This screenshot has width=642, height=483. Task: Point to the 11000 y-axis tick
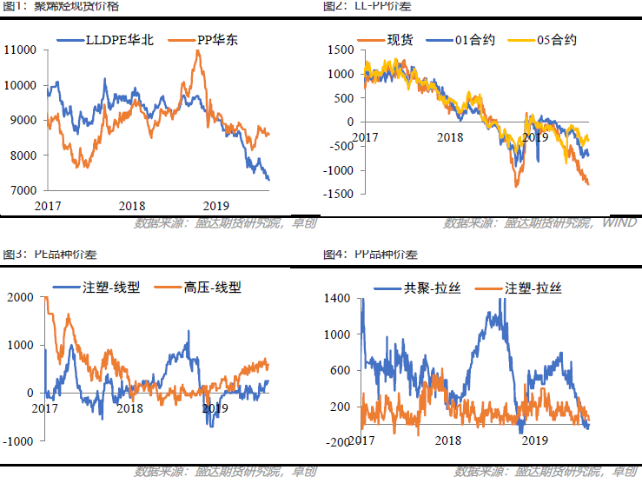[x=20, y=50]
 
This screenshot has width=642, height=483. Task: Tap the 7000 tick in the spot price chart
[x=23, y=190]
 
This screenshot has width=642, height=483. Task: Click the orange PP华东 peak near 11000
[x=199, y=51]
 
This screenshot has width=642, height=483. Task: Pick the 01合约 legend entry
[x=474, y=40]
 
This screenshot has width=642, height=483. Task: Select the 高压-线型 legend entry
[x=213, y=288]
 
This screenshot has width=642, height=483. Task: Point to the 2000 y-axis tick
[x=20, y=298]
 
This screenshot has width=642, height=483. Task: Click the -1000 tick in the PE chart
[x=18, y=441]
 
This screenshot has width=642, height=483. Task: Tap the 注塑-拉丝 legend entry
[x=533, y=288]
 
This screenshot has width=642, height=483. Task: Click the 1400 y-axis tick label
[x=339, y=298]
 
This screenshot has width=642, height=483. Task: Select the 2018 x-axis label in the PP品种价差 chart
[x=448, y=441]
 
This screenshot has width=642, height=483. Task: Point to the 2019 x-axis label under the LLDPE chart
[x=215, y=206]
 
